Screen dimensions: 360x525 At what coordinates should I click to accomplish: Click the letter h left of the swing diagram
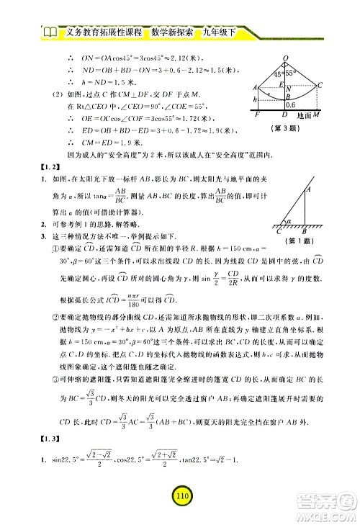(x=249, y=99)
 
